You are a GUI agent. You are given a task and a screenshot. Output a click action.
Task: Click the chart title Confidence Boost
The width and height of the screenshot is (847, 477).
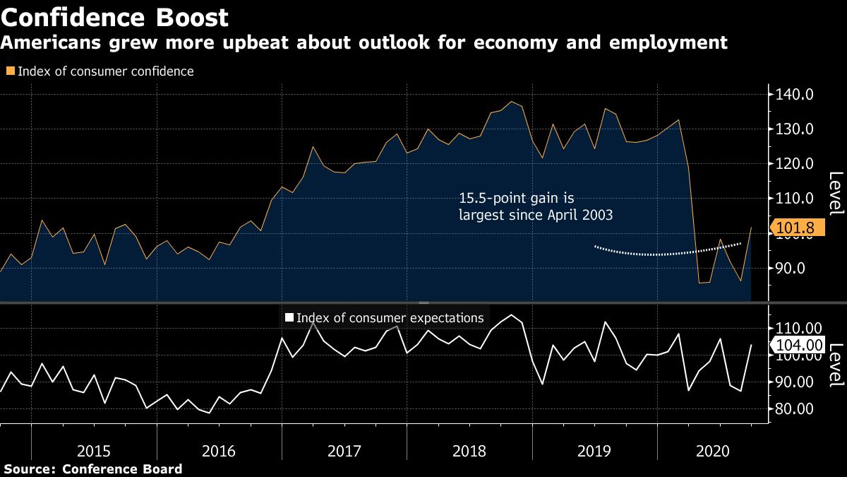[114, 17]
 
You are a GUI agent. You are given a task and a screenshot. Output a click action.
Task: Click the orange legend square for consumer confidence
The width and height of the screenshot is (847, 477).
[10, 71]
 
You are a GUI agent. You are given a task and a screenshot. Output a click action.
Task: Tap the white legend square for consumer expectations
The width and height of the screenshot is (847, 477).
[288, 318]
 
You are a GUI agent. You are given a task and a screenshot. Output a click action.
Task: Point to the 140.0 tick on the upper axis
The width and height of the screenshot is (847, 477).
[795, 95]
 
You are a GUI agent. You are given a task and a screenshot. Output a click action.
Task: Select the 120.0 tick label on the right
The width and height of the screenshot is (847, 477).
[795, 164]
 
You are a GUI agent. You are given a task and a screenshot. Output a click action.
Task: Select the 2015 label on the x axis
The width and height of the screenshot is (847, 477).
[94, 450]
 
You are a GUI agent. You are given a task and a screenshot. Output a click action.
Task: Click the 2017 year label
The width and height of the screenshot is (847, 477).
[344, 450]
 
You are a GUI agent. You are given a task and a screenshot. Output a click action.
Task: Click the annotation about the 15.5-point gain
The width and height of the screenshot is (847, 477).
[535, 208]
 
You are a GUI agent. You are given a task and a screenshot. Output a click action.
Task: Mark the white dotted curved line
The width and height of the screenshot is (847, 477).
[663, 254]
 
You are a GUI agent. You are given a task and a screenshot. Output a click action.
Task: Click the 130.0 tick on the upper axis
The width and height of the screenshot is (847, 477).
[795, 129]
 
